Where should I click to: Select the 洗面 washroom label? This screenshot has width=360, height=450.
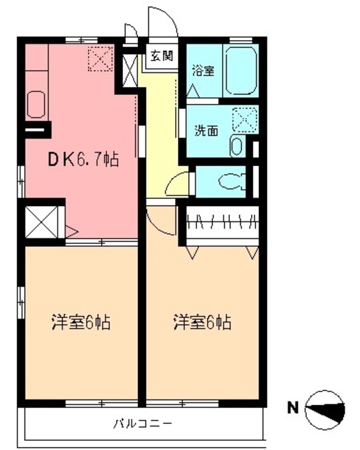[x=206, y=130]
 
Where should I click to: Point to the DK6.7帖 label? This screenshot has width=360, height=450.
[x=82, y=160]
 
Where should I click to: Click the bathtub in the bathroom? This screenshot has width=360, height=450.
[x=241, y=70]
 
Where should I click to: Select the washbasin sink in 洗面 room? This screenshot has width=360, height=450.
[x=237, y=146]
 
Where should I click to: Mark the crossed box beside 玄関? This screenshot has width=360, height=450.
[x=131, y=70]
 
